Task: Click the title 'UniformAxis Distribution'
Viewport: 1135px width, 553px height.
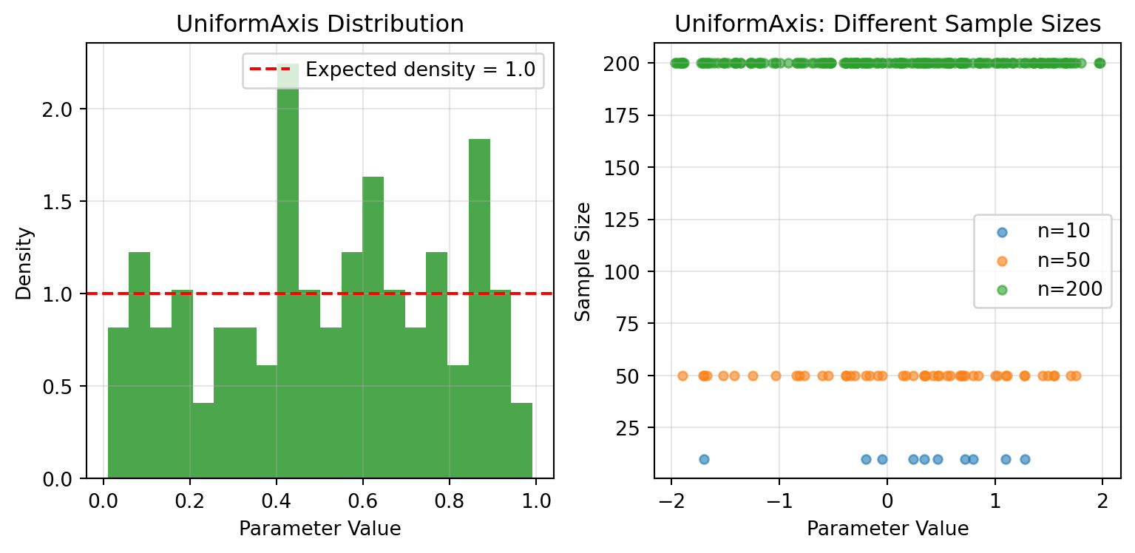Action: pyautogui.click(x=319, y=24)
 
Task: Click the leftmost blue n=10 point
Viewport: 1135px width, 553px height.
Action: pyautogui.click(x=704, y=459)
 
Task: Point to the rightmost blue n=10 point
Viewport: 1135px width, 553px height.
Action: pyautogui.click(x=1025, y=459)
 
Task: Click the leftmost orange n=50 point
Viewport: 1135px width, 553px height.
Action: pyautogui.click(x=682, y=376)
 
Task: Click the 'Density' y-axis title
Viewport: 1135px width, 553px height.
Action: pyautogui.click(x=24, y=262)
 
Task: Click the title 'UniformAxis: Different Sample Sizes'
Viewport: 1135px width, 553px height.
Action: pyautogui.click(x=887, y=24)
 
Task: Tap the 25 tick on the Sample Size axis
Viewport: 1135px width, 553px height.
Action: pyautogui.click(x=634, y=428)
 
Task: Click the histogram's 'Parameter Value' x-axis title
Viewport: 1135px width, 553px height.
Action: pyautogui.click(x=319, y=529)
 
